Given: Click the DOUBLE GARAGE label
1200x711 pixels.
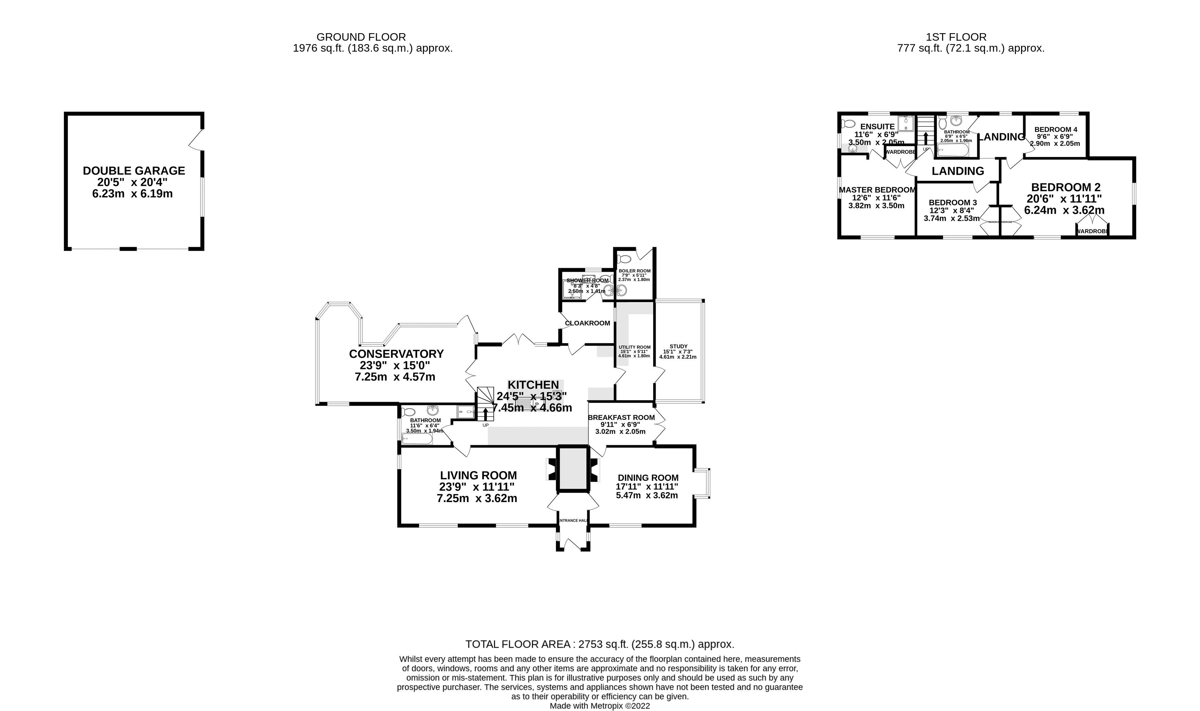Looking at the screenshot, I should coord(134,171).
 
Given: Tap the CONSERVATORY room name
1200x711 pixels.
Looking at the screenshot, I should coord(396,354).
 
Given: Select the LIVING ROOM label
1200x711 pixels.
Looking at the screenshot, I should coord(478,475).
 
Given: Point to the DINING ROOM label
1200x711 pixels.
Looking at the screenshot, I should coord(648,478).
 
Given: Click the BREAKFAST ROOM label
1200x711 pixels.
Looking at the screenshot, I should coord(621,417).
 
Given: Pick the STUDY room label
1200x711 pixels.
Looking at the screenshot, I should coord(678,346).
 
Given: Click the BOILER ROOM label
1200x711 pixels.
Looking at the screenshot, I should coord(634,271).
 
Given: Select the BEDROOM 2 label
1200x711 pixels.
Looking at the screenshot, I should coord(1065,187).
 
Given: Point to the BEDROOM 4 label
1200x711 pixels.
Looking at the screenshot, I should coord(1056,129).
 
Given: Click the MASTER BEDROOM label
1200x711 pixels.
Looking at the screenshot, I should coord(877,190).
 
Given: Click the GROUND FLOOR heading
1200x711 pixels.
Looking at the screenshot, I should coord(361,37).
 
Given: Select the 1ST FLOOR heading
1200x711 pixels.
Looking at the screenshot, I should coord(956,37).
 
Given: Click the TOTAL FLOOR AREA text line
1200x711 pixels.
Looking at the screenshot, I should coord(599,644).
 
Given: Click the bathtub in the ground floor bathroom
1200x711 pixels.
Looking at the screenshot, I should coord(417,438).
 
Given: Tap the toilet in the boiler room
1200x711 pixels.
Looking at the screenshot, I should coord(624,259).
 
